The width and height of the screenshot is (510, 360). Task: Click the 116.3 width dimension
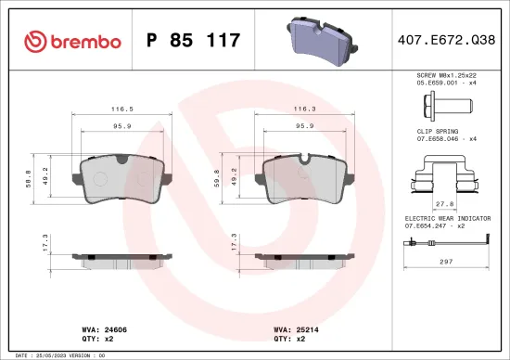tap(302, 108)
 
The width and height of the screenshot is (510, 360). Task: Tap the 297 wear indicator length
tap(446, 262)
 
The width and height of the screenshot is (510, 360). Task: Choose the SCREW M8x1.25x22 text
tap(446, 75)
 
